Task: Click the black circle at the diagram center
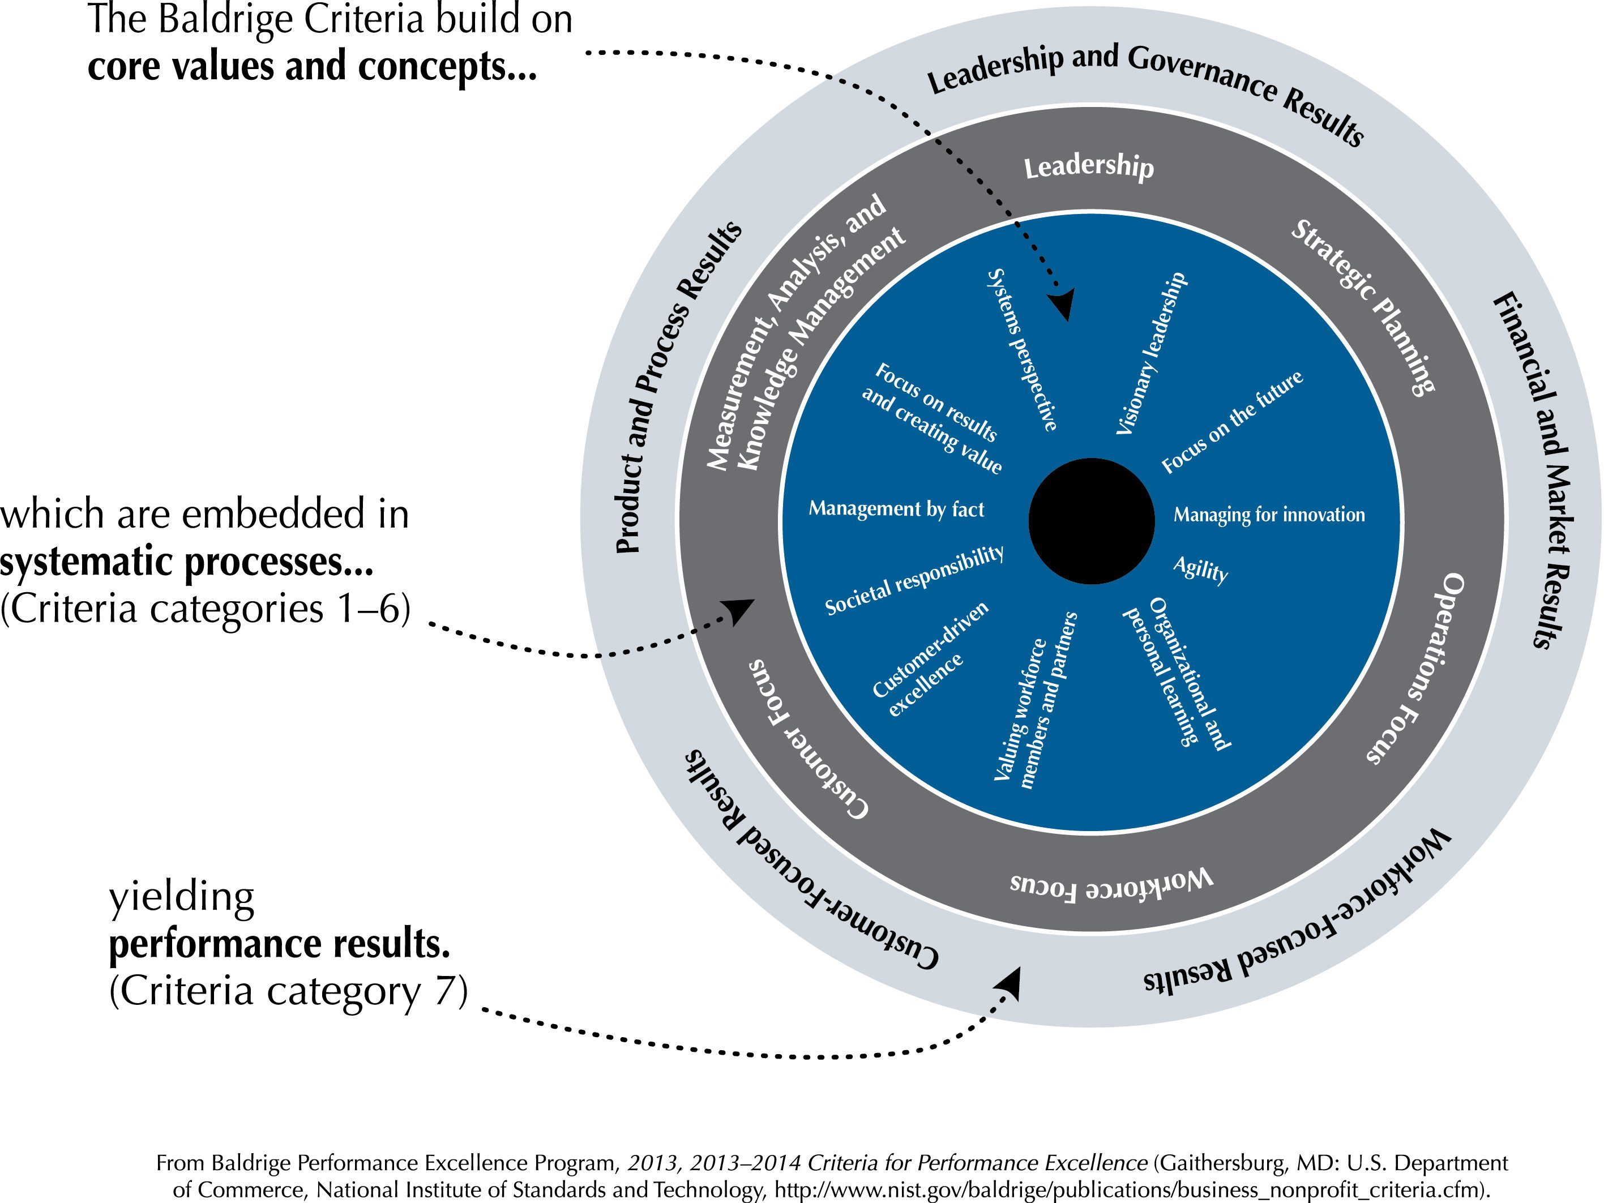pos(1092,521)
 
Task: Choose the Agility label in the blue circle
pos(1201,570)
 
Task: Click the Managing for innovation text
pos(1269,515)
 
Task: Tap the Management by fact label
pos(896,509)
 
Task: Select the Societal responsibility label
pos(914,581)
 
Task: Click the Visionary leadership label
pos(1152,354)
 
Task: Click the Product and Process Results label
pos(678,388)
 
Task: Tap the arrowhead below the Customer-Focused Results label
pos(1010,983)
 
